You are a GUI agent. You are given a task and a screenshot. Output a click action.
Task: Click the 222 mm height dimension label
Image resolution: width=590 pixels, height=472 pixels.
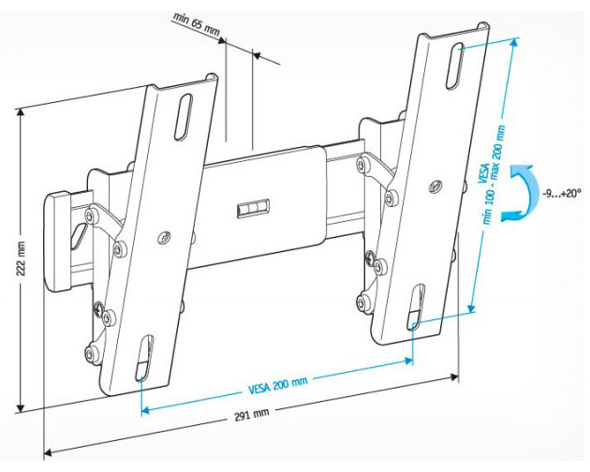[21, 258]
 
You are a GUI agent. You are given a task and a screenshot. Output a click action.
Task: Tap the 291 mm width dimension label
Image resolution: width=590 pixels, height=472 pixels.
[252, 415]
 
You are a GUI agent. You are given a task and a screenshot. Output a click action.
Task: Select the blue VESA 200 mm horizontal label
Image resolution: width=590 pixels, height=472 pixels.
[278, 386]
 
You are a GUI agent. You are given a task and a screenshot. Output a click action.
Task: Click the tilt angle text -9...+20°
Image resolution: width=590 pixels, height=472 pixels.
[562, 194]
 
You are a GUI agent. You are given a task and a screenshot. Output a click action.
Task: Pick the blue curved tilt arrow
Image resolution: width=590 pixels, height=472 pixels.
[529, 193]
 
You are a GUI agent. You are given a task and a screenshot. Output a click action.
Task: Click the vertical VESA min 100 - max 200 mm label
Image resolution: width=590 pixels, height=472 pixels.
[491, 175]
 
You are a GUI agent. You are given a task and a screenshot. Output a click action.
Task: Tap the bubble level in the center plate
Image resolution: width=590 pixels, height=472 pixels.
[253, 208]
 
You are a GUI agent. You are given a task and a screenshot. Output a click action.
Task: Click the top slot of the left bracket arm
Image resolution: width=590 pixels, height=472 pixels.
[184, 117]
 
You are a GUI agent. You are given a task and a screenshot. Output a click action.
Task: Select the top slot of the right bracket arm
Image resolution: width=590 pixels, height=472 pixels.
[454, 66]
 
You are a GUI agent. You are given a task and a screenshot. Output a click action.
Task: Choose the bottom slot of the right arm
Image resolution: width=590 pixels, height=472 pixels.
[416, 307]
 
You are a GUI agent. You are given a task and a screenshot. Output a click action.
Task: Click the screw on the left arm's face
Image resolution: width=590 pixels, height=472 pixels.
[165, 237]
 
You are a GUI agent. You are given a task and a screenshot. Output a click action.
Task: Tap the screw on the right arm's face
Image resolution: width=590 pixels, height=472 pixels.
[435, 185]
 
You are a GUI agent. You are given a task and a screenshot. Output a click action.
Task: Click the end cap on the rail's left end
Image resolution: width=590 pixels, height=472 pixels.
[57, 242]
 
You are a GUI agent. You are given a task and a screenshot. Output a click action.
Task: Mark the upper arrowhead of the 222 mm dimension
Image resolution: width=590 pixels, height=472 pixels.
[21, 113]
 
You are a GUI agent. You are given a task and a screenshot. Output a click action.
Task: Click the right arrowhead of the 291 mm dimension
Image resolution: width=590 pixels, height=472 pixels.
[454, 376]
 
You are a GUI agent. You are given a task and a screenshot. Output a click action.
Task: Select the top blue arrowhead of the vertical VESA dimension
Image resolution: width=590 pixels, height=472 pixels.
[513, 44]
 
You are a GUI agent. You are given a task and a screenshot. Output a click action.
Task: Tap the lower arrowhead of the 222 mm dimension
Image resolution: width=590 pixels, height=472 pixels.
[21, 406]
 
